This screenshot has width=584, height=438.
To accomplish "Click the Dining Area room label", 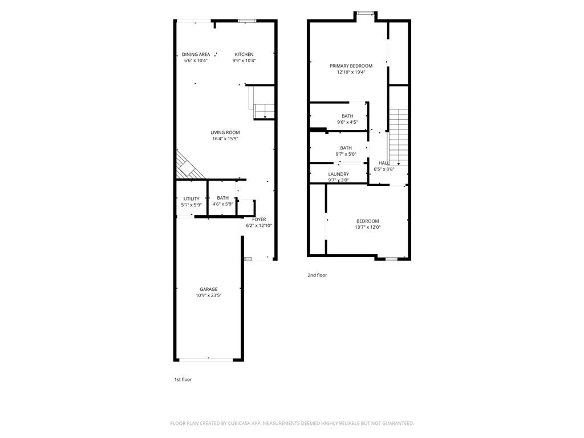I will coord(196,55).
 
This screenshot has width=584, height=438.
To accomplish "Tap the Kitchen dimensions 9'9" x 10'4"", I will coord(244,60).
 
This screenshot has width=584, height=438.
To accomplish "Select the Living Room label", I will coord(225,132).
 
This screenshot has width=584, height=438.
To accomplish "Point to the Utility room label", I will coord(191,198).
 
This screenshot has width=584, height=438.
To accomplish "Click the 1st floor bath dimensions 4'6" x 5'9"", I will coord(222,204).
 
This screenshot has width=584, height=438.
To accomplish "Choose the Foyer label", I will coord(259,219).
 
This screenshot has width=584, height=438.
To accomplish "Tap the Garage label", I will coord(208,289).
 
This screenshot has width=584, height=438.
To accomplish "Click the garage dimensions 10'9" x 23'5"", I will coord(208,295).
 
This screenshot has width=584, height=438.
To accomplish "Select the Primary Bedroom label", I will coord(351,66).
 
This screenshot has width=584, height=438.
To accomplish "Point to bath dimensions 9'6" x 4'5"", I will coord(347,121).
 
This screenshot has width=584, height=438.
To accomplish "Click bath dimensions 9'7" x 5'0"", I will coord(346,154).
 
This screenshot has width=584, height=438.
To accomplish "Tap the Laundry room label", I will coord(338,174).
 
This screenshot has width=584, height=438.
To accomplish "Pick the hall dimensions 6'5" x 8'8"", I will coord(384,169).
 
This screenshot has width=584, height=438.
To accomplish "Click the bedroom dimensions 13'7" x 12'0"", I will coord(367,227).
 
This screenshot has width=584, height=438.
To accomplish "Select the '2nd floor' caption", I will coord(317,275).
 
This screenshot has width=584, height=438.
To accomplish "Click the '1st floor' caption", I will coord(183,379).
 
